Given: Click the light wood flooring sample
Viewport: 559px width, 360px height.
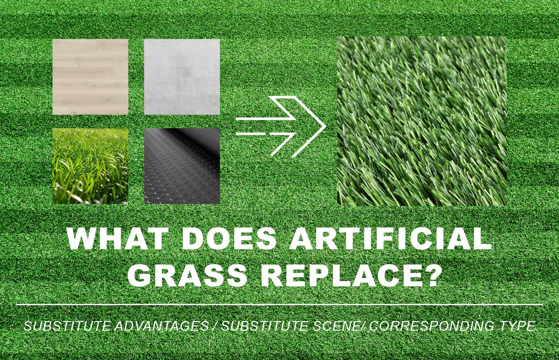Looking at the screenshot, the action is tap(90, 77).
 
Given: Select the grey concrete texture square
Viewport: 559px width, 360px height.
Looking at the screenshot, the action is tap(182, 77).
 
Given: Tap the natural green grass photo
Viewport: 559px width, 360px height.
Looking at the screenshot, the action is tap(90, 166).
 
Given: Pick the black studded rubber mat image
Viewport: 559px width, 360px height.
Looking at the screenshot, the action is tap(182, 166).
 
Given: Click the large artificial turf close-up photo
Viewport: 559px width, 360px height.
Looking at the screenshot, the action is tap(422, 121).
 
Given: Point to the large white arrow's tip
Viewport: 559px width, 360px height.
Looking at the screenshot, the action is tap(326, 126).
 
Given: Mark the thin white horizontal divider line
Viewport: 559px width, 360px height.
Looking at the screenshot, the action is tap(279, 304).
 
